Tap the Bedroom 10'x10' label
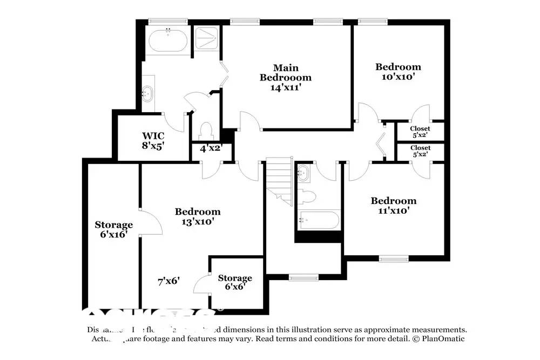[398, 71]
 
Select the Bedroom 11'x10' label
[393, 206]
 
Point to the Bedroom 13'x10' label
[198, 216]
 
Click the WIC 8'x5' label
[153, 140]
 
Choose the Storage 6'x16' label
[113, 229]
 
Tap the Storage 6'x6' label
[235, 282]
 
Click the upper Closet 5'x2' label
[420, 132]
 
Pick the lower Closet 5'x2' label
[420, 151]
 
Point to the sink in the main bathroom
[147, 93]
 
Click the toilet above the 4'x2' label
[206, 131]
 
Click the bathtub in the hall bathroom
[319, 220]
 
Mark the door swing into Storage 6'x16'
[151, 221]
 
